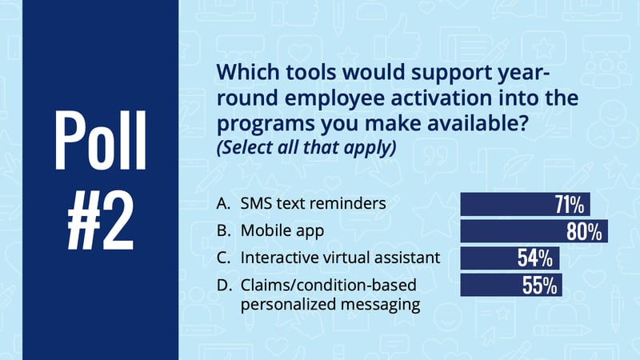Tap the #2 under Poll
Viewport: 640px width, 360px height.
101,221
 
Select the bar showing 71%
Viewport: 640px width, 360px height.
525,204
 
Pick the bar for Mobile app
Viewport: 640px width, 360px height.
534,231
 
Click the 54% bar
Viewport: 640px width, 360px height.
510,258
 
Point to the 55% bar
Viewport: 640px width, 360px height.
511,285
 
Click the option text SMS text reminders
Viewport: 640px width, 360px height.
313,203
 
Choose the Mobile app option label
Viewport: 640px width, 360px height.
282,231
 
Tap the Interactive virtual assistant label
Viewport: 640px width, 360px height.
341,258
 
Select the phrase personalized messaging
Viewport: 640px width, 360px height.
330,305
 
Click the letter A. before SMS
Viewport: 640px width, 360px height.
223,203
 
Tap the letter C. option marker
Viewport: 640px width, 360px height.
224,258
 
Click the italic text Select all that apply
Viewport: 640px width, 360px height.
306,147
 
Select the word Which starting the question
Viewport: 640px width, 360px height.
248,72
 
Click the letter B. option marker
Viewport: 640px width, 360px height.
224,231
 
